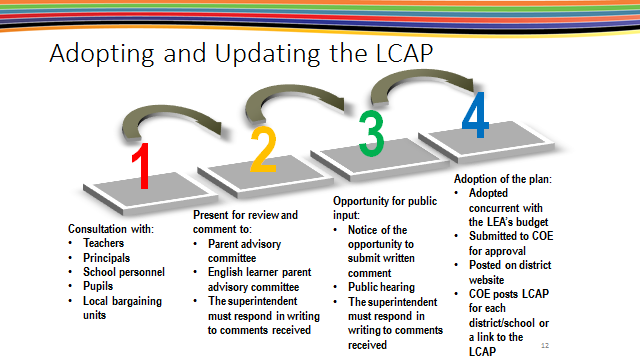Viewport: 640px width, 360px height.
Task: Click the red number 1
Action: tap(143, 166)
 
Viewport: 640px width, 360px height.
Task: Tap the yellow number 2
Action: tap(263, 150)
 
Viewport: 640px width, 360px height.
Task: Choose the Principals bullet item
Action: tap(108, 257)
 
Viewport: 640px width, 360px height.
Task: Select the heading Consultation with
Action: tap(109, 228)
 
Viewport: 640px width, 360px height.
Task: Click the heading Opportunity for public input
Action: tap(382, 207)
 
